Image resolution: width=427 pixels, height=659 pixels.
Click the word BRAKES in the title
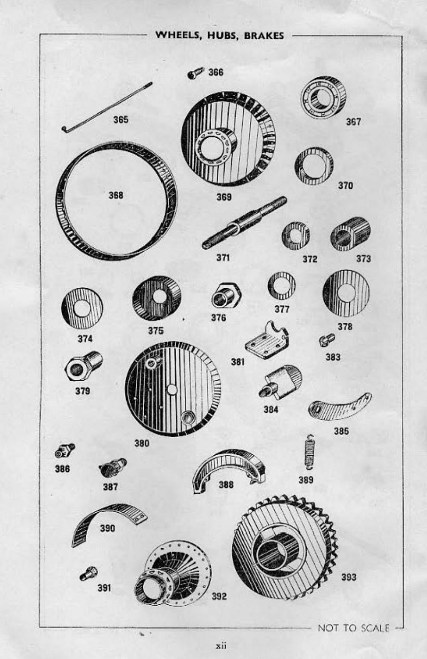point(264,35)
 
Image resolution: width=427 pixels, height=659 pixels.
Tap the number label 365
point(121,120)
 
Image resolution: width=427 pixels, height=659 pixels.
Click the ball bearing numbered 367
point(323,98)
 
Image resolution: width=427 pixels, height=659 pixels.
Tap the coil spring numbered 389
point(309,451)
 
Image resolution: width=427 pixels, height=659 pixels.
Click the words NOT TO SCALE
point(353,628)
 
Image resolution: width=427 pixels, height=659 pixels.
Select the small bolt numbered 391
point(88,574)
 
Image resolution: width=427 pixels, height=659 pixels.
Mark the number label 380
point(142,443)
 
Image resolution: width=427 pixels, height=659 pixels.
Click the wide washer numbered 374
point(82,309)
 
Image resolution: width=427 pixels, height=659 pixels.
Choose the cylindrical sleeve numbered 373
point(350,234)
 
